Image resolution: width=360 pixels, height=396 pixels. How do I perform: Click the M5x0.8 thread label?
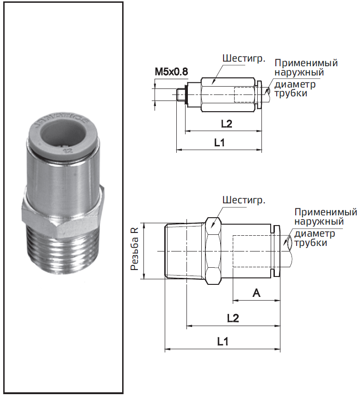(171, 72)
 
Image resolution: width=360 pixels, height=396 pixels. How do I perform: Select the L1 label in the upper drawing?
(219, 144)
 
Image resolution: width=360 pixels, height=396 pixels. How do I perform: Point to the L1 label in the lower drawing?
(223, 342)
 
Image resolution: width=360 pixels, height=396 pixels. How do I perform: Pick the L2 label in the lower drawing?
(233, 318)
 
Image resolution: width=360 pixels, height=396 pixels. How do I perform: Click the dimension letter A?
(256, 293)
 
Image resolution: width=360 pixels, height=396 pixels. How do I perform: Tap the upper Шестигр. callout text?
(243, 59)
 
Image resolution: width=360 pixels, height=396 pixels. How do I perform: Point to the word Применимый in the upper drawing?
(306, 63)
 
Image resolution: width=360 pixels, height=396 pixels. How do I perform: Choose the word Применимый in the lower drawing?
(326, 212)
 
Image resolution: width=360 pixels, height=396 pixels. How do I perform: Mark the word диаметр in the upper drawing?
(295, 84)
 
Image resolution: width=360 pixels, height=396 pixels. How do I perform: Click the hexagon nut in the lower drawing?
(213, 251)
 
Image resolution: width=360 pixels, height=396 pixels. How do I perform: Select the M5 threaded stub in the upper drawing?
(182, 95)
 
